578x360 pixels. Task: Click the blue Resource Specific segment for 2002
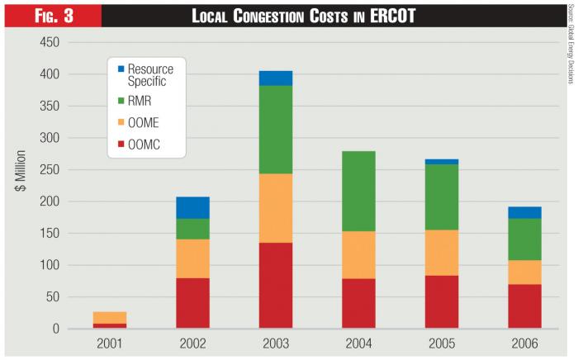(192, 207)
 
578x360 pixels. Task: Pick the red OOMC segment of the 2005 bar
(442, 301)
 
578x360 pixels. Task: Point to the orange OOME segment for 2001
(110, 317)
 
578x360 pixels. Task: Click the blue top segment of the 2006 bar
(524, 212)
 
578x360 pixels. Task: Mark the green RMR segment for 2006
(524, 239)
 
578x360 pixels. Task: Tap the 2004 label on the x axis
(358, 342)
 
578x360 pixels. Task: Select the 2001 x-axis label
(110, 342)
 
